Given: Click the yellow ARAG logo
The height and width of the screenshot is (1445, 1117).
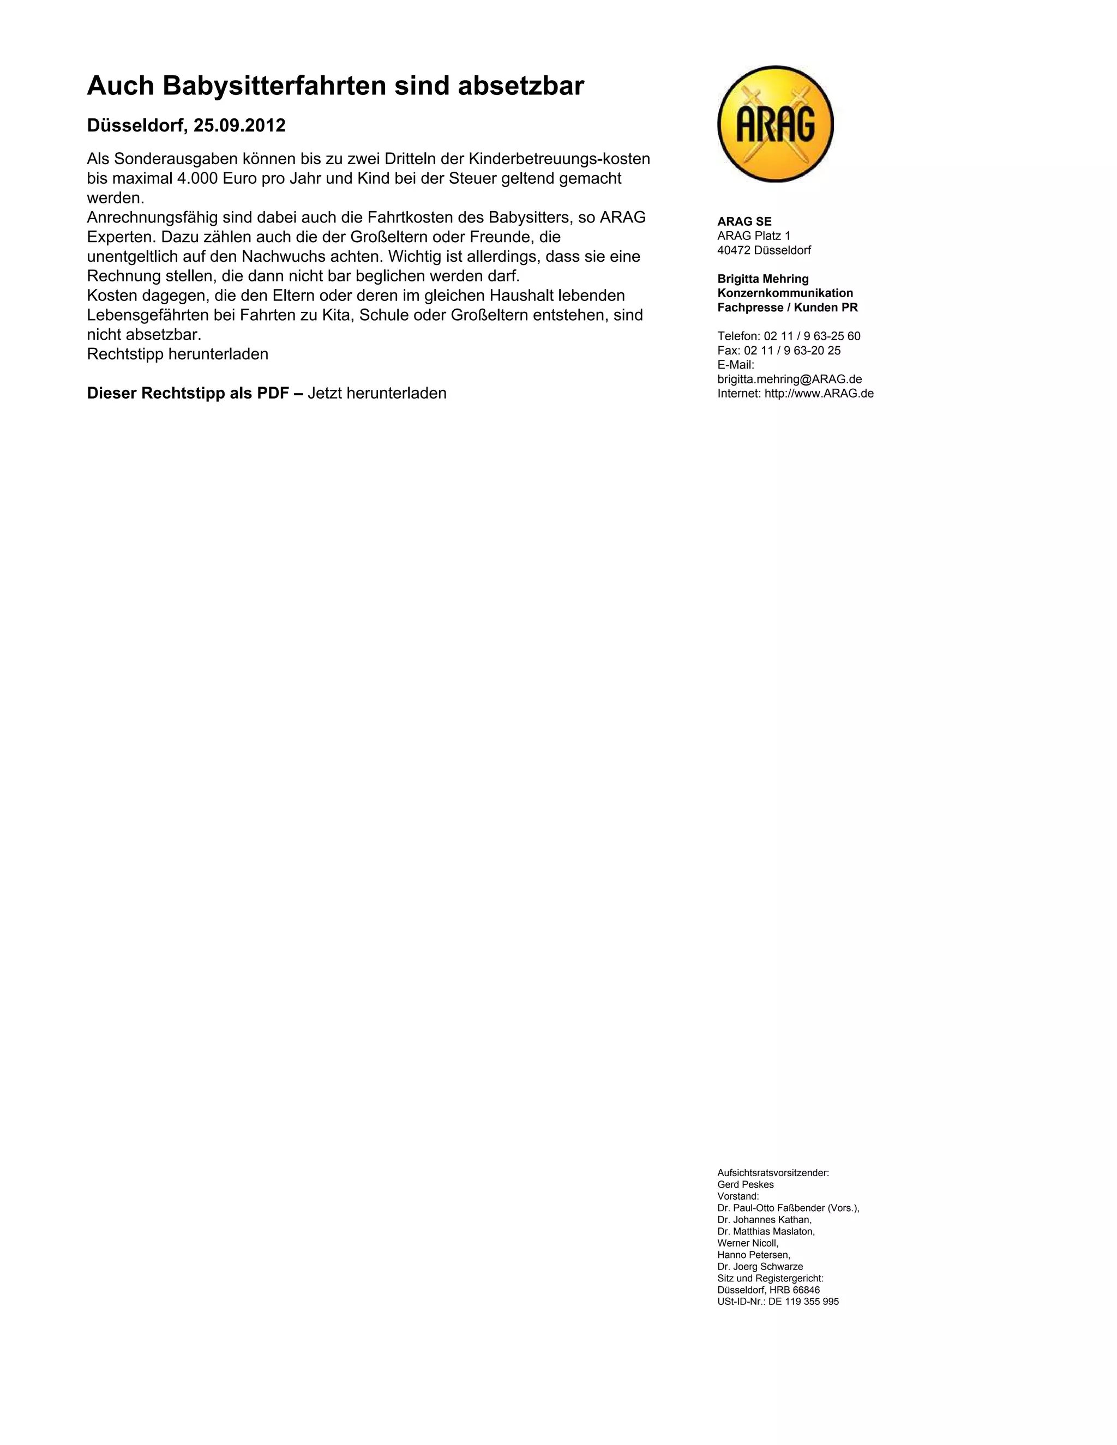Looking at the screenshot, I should (775, 124).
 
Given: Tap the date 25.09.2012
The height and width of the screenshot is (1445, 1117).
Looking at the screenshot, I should (239, 126).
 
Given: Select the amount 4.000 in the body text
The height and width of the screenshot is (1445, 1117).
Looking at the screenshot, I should (198, 179).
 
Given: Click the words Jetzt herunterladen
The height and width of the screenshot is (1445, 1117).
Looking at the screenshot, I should (377, 394).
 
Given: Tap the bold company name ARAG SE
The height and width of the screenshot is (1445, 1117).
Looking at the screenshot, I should (744, 221).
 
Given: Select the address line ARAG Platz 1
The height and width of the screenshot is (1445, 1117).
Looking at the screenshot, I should (754, 236).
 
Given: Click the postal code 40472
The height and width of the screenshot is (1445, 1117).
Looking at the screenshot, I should (733, 251).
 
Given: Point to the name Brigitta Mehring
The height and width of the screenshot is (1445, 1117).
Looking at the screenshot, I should (762, 279).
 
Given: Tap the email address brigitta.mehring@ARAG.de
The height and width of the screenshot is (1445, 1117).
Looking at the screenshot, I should (789, 380).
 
